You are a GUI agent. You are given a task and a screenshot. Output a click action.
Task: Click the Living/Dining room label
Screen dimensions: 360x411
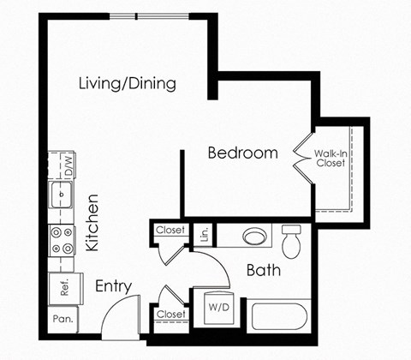point(127,84)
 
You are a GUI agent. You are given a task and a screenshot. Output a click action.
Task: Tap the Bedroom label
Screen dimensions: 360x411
point(243,153)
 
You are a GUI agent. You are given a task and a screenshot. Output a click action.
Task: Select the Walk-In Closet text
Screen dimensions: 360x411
point(331,158)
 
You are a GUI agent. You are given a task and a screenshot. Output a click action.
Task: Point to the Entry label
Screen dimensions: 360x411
point(112,285)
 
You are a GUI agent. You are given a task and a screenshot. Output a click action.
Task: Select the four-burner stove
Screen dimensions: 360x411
point(62,241)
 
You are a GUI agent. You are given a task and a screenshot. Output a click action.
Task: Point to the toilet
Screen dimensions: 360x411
point(293,241)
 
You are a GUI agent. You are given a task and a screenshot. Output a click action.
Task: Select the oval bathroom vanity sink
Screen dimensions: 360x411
point(253,236)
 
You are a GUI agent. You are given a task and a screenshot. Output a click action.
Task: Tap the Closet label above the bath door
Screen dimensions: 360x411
point(171,229)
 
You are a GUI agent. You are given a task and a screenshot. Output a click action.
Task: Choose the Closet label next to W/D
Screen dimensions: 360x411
point(171,315)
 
